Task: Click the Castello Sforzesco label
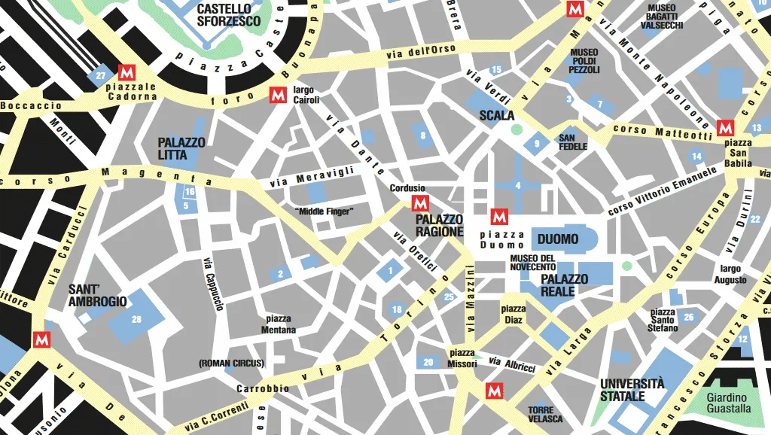pyautogui.click(x=229, y=15)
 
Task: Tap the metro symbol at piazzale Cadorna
pyautogui.click(x=126, y=72)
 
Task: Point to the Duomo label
pyautogui.click(x=558, y=239)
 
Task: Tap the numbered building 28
pyautogui.click(x=136, y=320)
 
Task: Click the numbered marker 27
pyautogui.click(x=100, y=76)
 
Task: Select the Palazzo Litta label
pyautogui.click(x=181, y=148)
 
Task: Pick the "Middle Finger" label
pyautogui.click(x=325, y=211)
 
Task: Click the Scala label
pyautogui.click(x=497, y=116)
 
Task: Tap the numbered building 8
pyautogui.click(x=423, y=136)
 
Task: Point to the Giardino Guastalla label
pyautogui.click(x=727, y=403)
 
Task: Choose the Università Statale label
pyautogui.click(x=632, y=389)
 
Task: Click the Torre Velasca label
pyautogui.click(x=545, y=414)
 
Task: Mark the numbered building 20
pyautogui.click(x=428, y=362)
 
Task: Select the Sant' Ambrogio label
pyautogui.click(x=98, y=295)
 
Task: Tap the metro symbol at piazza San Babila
pyautogui.click(x=725, y=126)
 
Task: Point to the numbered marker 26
pyautogui.click(x=688, y=318)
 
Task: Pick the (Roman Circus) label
pyautogui.click(x=231, y=363)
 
